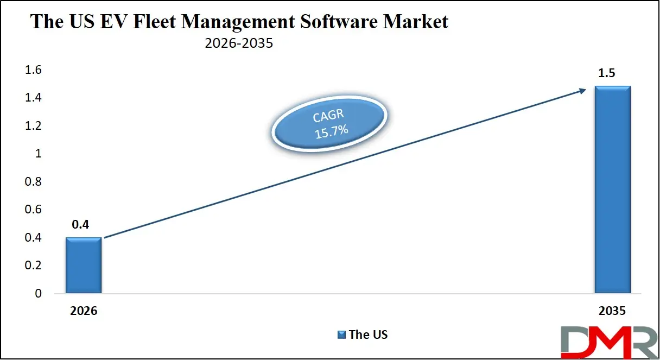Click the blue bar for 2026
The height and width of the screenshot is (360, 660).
click(83, 266)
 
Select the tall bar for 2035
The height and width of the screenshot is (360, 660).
click(612, 190)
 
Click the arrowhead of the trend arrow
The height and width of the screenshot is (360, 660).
click(582, 91)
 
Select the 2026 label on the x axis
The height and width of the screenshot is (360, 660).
click(83, 312)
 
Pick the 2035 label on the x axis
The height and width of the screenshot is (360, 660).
click(612, 312)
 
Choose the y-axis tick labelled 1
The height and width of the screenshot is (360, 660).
click(38, 154)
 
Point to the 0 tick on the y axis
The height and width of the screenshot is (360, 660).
click(38, 294)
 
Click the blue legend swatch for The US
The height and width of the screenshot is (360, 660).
click(341, 334)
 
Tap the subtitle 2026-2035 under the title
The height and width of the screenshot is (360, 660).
click(238, 44)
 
